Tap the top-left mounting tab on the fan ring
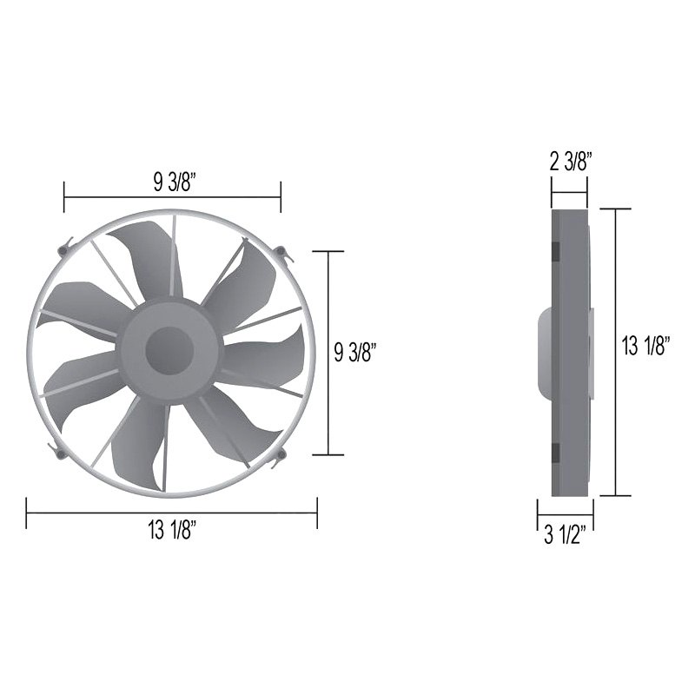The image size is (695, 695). (62, 250)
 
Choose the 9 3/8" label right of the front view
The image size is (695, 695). (354, 351)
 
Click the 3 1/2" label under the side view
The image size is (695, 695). (566, 534)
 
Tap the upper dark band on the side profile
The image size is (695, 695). (554, 250)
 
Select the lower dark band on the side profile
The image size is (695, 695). (554, 453)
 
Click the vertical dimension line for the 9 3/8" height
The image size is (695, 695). (328, 352)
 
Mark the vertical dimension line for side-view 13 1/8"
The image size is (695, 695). (616, 352)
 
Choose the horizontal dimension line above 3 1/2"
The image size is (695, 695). (566, 512)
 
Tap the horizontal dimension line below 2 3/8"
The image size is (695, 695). (569, 181)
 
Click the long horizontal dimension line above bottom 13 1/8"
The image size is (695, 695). (172, 513)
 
